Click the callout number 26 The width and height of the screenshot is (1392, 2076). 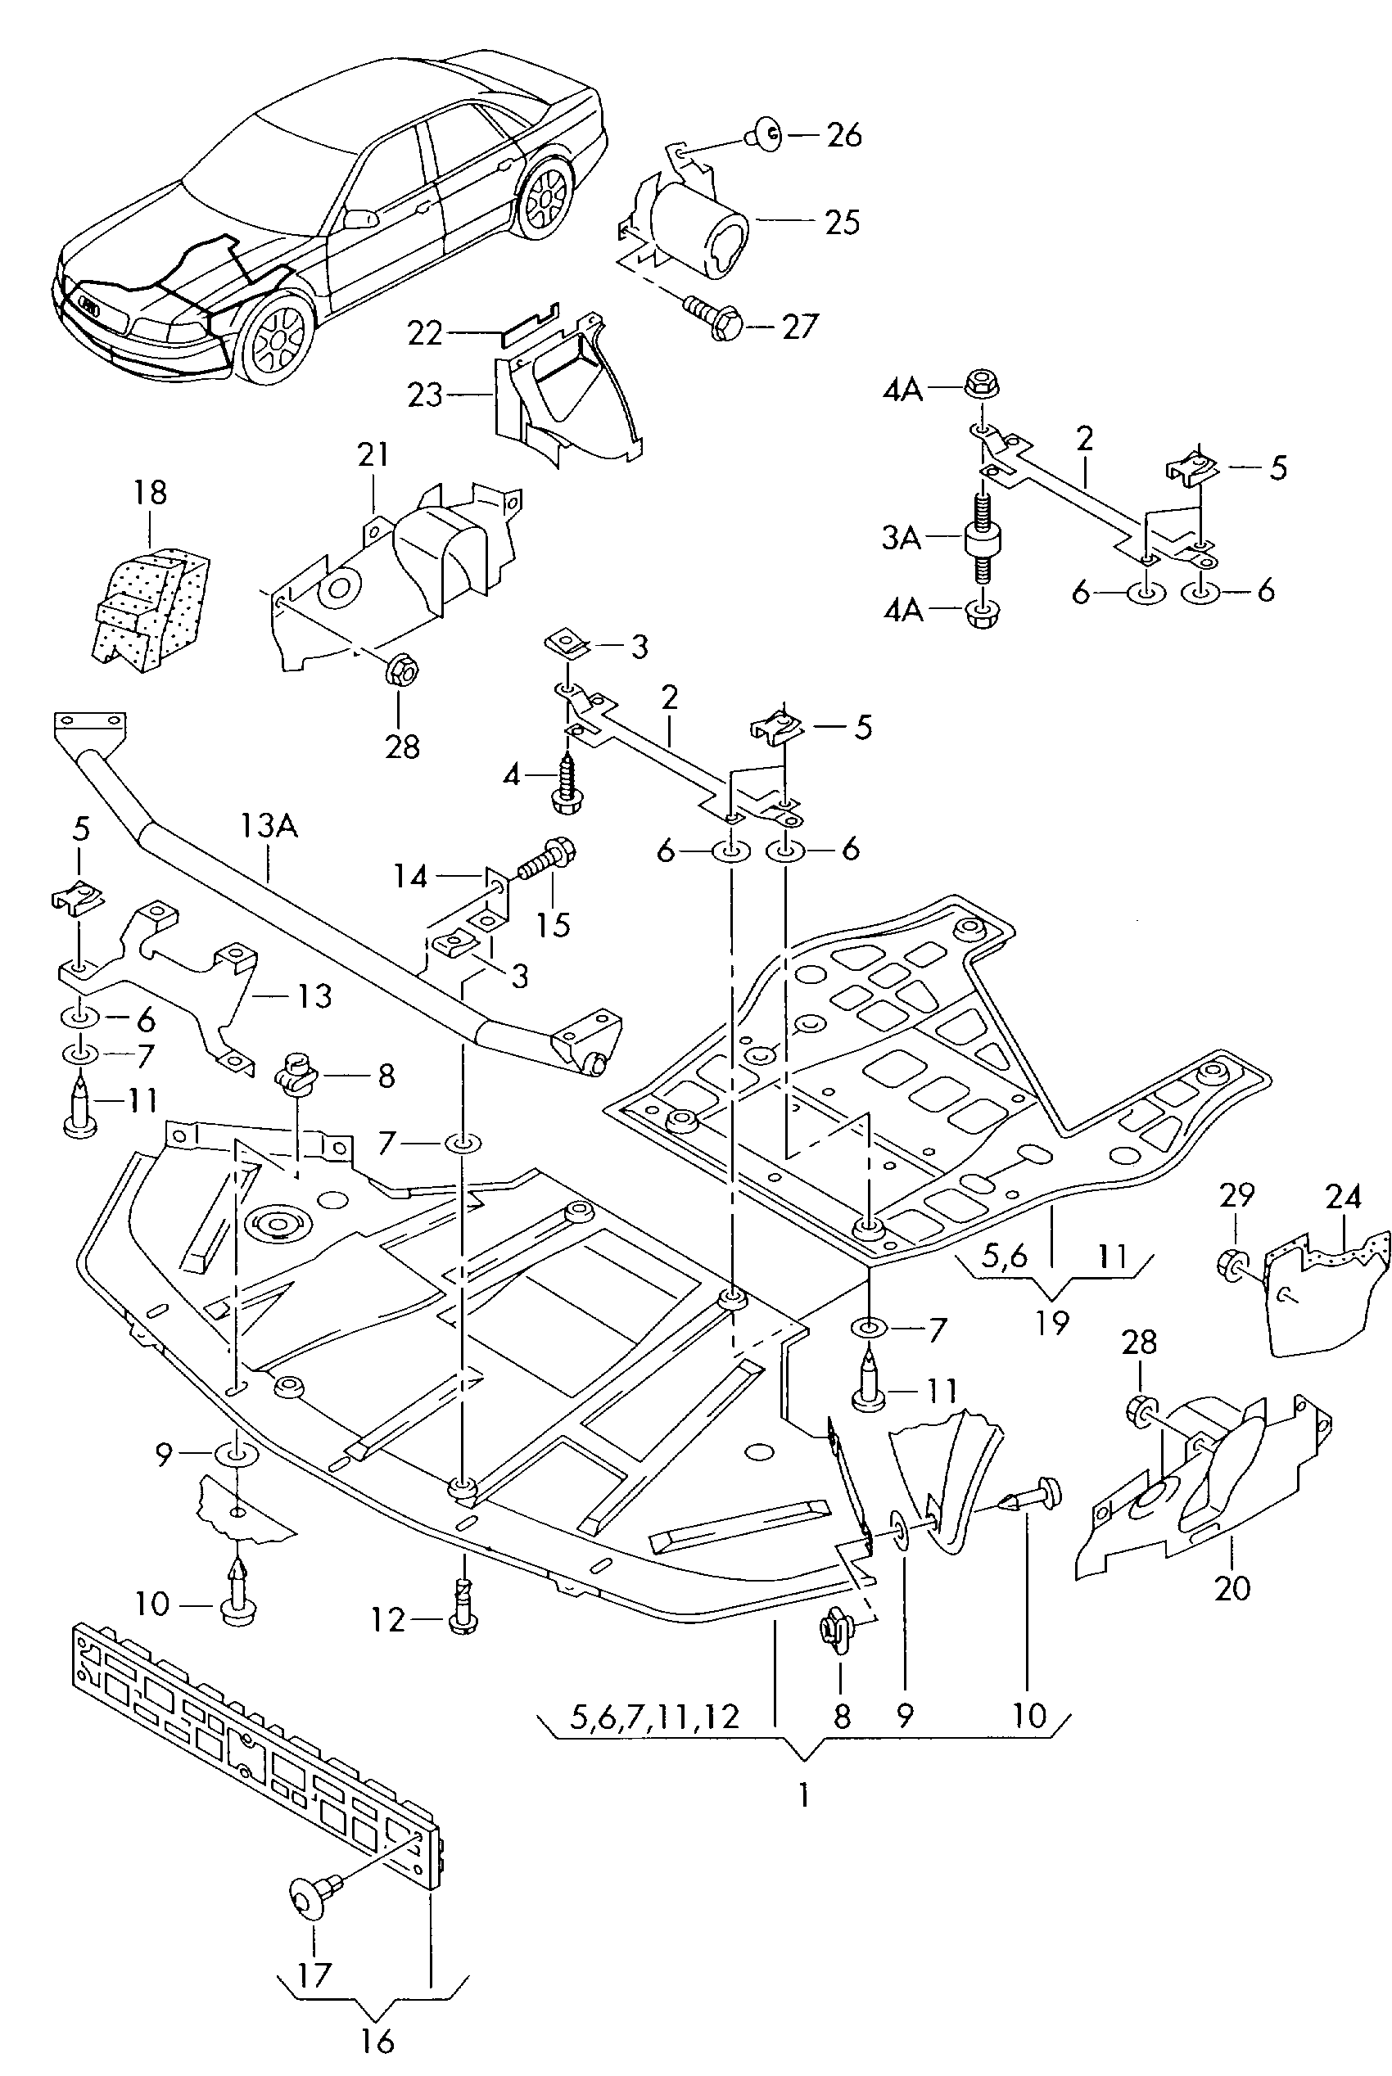click(843, 135)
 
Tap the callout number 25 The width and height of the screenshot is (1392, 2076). click(842, 222)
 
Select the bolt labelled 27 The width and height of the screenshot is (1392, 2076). click(715, 319)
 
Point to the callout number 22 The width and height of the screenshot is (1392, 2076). click(424, 334)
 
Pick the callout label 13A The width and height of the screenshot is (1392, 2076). click(268, 826)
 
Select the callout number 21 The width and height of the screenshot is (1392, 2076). click(373, 455)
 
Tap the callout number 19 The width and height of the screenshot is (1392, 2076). click(1052, 1321)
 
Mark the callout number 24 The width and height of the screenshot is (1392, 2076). click(1342, 1198)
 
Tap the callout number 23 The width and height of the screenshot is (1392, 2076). click(424, 394)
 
